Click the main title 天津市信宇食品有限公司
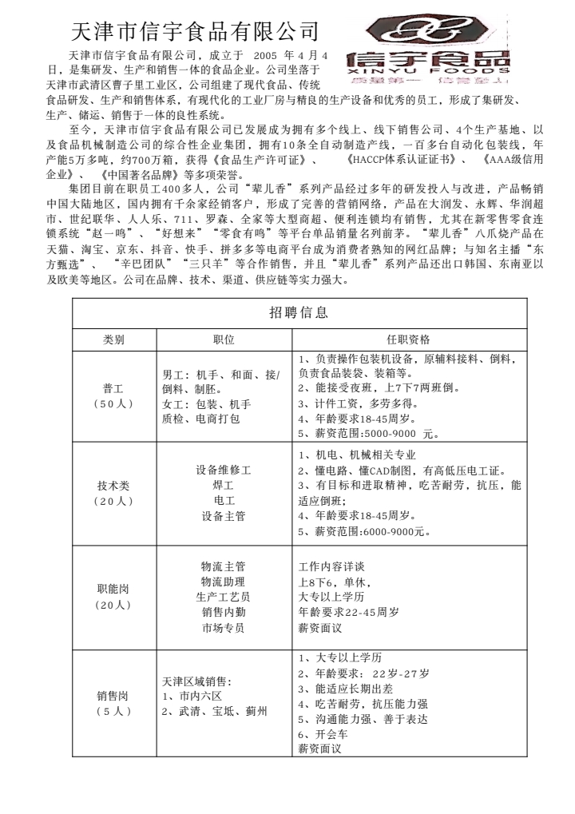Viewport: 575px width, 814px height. pos(196,32)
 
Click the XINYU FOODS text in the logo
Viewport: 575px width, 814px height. pos(429,69)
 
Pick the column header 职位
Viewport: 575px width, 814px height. pos(224,339)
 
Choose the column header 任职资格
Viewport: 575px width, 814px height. pos(408,339)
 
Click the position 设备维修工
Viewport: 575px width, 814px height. pos(224,470)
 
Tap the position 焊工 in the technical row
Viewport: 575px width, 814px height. pos(224,485)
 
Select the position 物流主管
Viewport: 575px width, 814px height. pos(224,566)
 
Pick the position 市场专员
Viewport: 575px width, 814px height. pos(224,627)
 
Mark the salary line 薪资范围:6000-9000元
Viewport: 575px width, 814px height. pos(364,530)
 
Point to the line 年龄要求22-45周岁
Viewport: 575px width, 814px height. pos(348,612)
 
